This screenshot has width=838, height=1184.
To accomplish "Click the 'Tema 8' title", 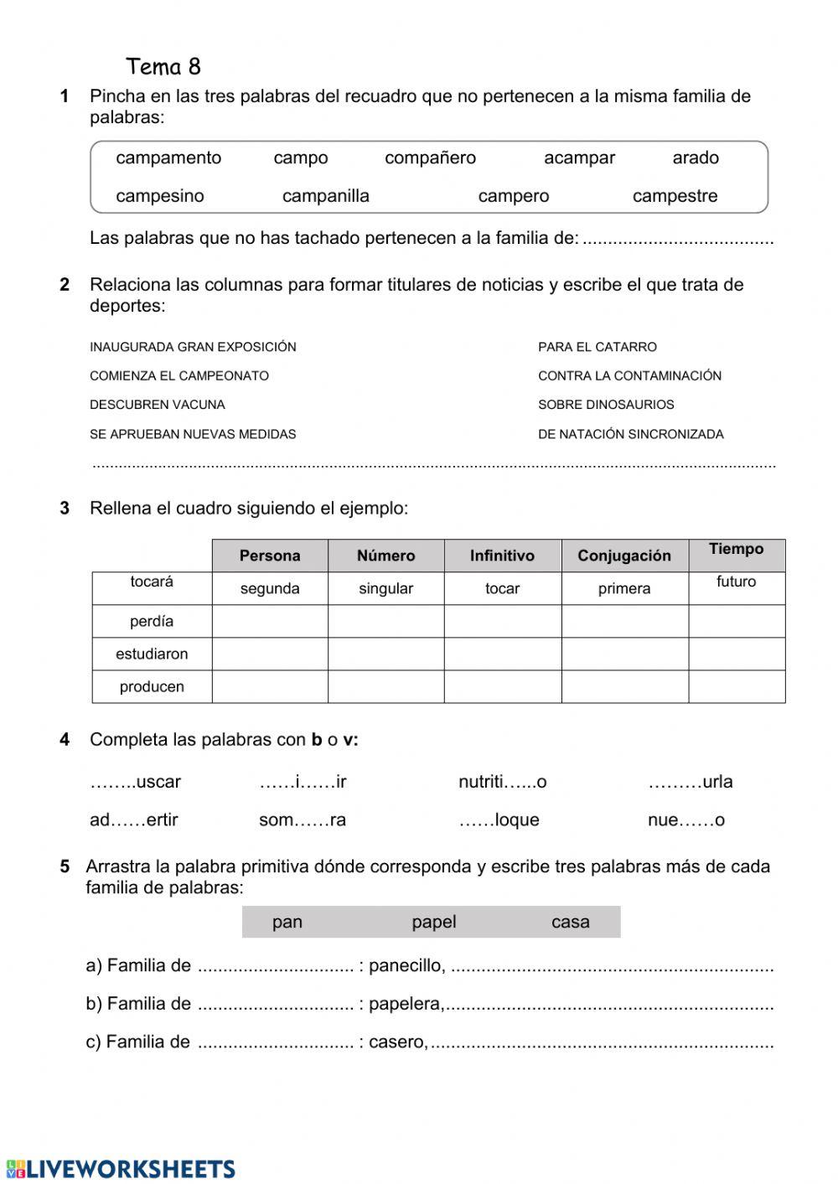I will pyautogui.click(x=163, y=67).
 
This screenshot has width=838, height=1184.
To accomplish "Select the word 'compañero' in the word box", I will pyautogui.click(x=430, y=158).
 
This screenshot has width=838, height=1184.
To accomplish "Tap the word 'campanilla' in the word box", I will pyautogui.click(x=325, y=197).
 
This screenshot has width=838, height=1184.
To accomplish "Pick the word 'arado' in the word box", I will pyautogui.click(x=695, y=158).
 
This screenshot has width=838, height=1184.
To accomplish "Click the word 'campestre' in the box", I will pyautogui.click(x=675, y=197).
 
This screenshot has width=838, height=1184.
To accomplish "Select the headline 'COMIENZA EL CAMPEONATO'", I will pyautogui.click(x=179, y=376).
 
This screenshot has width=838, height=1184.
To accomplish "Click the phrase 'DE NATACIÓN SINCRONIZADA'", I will pyautogui.click(x=630, y=435).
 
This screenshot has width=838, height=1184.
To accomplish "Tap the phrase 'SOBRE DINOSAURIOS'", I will pyautogui.click(x=606, y=405).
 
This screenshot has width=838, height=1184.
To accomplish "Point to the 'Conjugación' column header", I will pyautogui.click(x=624, y=556).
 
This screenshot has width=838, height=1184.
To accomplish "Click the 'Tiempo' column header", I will pyautogui.click(x=736, y=550).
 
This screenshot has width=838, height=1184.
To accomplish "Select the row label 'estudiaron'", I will pyautogui.click(x=152, y=654).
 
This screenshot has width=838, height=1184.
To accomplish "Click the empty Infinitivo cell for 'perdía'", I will pyautogui.click(x=502, y=622).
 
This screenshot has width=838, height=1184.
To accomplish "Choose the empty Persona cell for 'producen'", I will pyautogui.click(x=269, y=687).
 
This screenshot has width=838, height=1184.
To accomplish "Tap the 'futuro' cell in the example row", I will pyautogui.click(x=736, y=582).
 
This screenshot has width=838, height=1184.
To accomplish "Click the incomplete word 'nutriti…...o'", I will pyautogui.click(x=502, y=783).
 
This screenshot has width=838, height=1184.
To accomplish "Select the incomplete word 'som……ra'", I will pyautogui.click(x=302, y=820).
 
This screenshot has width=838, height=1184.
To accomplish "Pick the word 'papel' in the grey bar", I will pyautogui.click(x=433, y=923).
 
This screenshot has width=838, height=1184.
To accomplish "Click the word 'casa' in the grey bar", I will pyautogui.click(x=570, y=923).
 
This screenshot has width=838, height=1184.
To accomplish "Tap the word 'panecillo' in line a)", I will pyautogui.click(x=406, y=966).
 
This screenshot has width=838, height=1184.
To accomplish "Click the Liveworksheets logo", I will pyautogui.click(x=121, y=1169).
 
